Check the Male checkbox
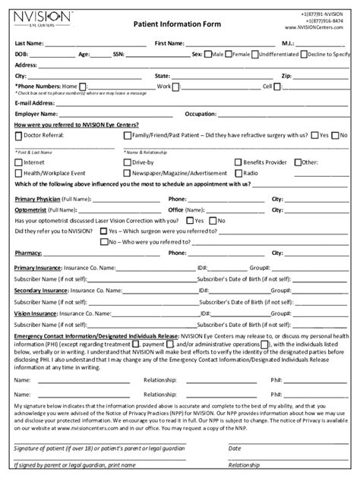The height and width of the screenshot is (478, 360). (208, 55)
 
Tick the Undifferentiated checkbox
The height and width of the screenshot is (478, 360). (254, 55)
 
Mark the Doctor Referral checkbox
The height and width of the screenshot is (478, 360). (19, 134)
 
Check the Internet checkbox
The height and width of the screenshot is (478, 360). (19, 162)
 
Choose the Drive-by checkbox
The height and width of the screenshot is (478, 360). (127, 162)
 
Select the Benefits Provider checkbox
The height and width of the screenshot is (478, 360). (238, 162)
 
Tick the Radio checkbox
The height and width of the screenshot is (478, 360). (238, 173)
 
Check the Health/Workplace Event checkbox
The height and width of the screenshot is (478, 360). (19, 173)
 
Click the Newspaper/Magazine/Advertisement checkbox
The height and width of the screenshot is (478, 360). (127, 173)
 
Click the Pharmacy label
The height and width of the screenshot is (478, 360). (28, 253)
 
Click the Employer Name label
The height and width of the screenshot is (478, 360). (37, 113)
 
